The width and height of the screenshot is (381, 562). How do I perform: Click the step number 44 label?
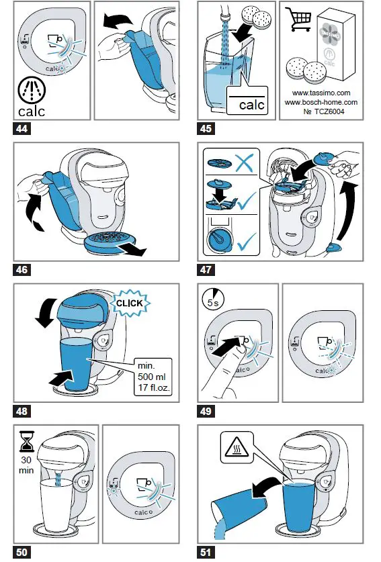22,128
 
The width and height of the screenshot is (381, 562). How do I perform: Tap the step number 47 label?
206,269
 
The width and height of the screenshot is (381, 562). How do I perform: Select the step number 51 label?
206,552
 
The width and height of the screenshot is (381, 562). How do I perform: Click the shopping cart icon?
298,19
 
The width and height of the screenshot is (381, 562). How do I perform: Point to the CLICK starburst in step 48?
129,303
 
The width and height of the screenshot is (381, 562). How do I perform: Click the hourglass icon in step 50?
27,442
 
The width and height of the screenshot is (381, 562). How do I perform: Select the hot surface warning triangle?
237,447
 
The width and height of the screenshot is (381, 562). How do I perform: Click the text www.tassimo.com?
321,93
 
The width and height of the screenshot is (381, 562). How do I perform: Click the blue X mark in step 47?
245,162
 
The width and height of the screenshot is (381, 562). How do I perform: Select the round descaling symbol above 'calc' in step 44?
32,89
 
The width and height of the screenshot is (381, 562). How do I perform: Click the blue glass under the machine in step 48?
77,363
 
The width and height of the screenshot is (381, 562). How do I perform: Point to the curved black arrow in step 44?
118,21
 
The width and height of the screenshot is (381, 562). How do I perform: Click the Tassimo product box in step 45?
335,44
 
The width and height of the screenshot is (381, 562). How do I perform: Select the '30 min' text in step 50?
26,465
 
